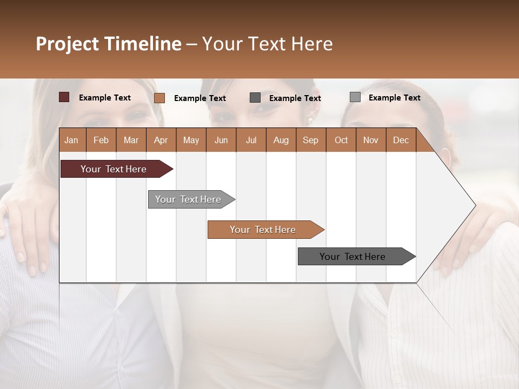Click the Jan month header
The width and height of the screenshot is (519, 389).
click(x=71, y=140)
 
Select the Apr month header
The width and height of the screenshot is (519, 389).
click(x=161, y=140)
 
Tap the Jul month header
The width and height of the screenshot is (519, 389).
click(x=251, y=140)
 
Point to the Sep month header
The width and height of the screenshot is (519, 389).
click(x=310, y=140)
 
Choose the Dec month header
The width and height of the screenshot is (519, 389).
click(x=401, y=140)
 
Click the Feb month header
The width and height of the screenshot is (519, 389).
click(x=101, y=140)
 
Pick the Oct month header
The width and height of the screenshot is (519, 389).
click(x=341, y=140)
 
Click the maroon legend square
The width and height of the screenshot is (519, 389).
click(x=64, y=97)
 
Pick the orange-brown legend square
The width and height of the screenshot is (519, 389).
click(x=159, y=98)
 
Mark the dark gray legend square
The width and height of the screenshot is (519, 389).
click(x=255, y=98)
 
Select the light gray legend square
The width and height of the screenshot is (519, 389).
click(x=355, y=97)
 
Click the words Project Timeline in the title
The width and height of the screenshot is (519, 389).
click(x=108, y=44)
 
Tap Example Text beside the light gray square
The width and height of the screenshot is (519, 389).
click(x=394, y=98)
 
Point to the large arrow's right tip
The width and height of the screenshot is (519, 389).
click(x=474, y=205)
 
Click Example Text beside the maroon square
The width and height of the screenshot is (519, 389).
click(x=104, y=98)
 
